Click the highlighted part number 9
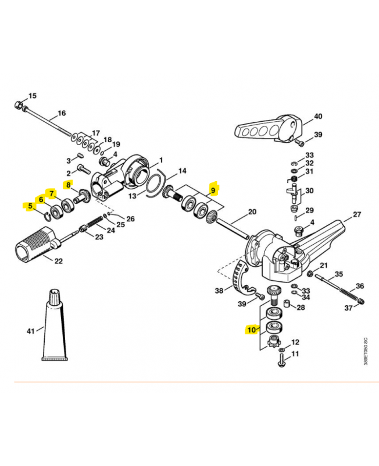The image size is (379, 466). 213,189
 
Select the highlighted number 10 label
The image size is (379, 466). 252,330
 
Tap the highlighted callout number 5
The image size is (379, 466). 28,206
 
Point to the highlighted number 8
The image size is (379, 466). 68,186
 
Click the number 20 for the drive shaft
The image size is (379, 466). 252,211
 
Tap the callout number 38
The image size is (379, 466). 219,290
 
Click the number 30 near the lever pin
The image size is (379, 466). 309,190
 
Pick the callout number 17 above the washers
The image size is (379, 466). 96,133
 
